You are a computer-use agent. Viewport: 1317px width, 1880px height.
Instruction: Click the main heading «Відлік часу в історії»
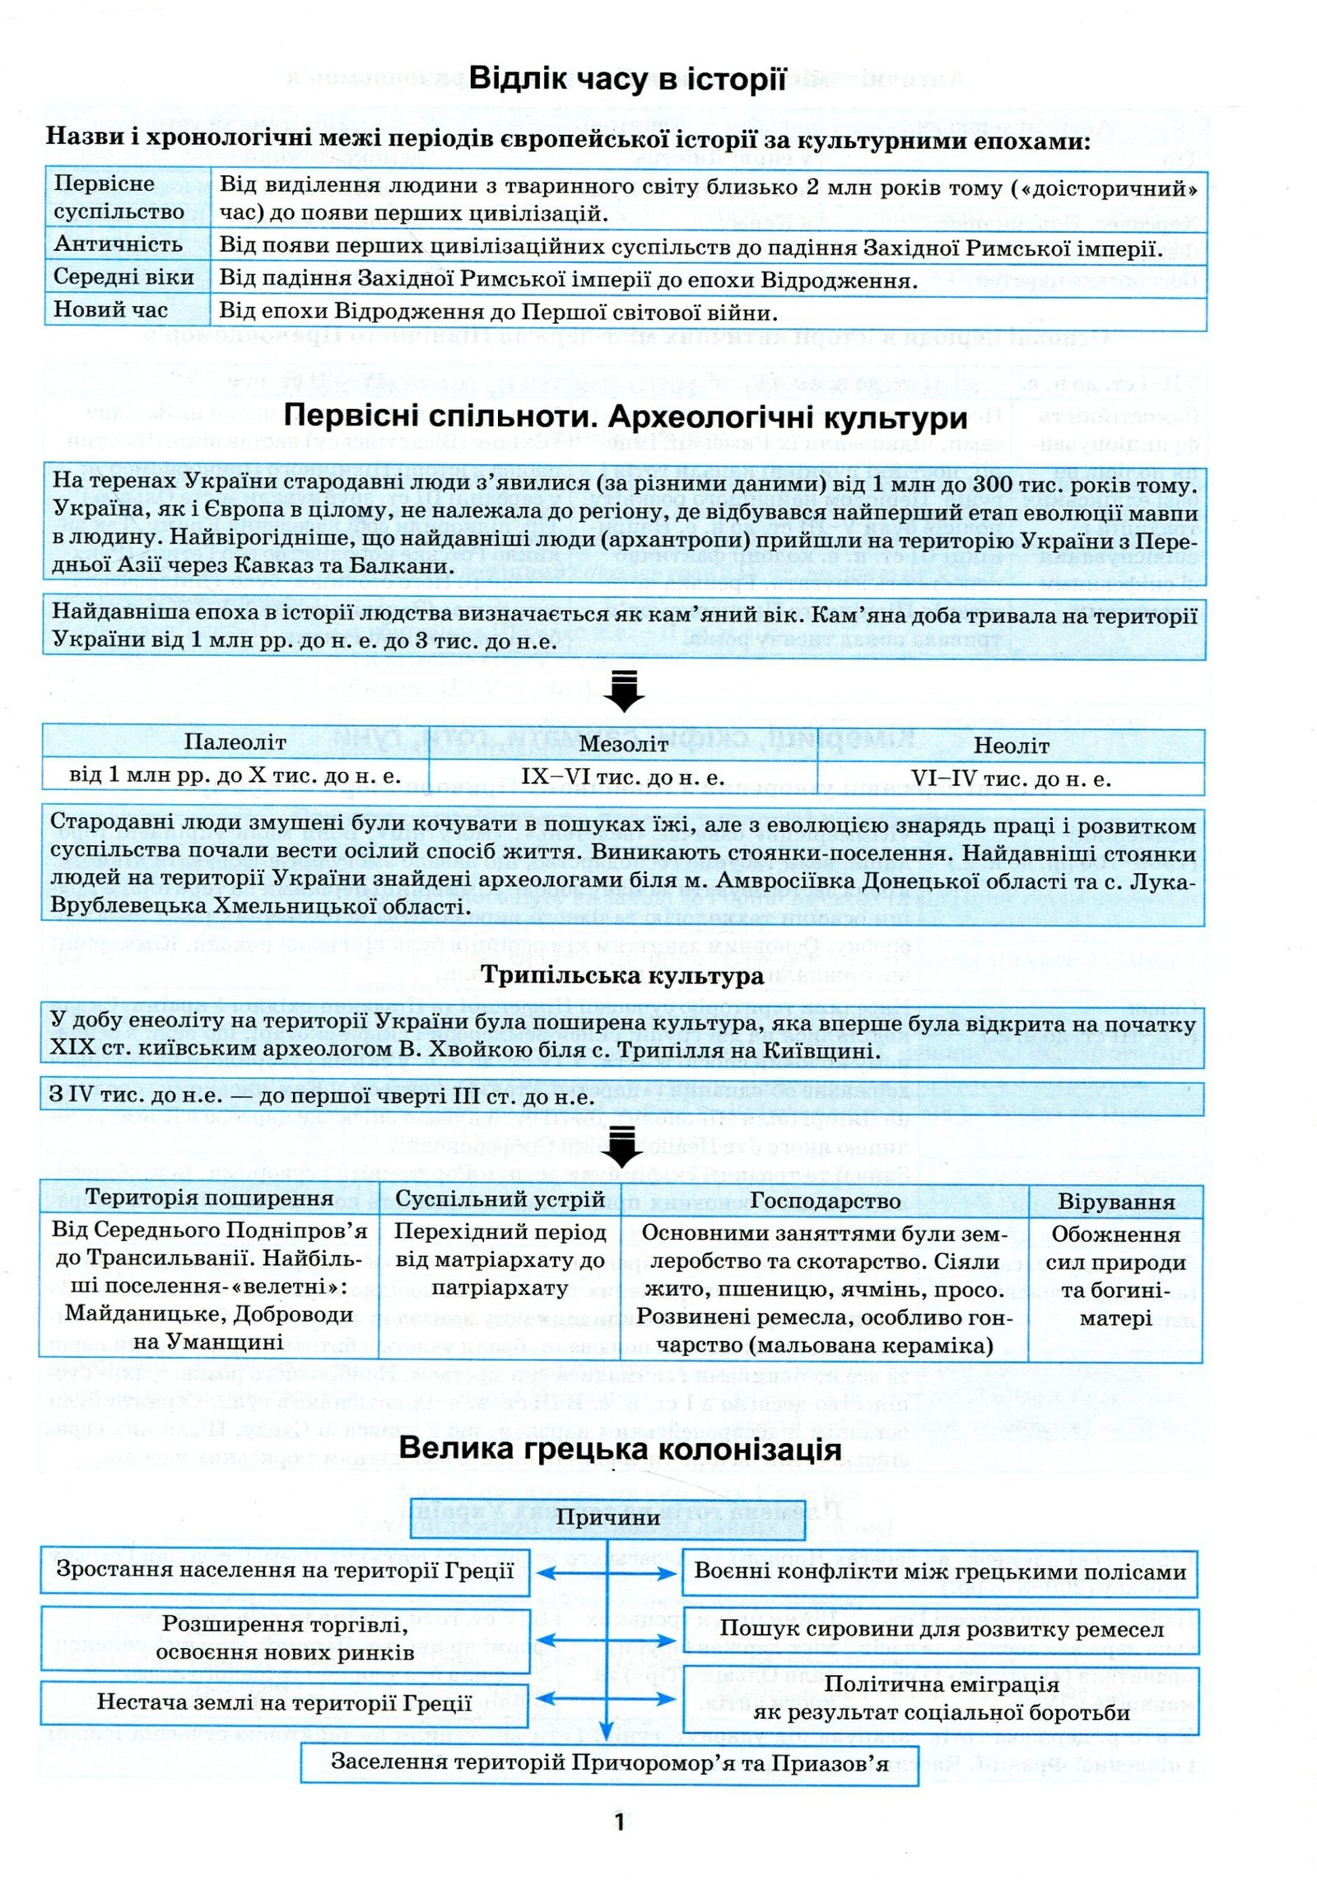pyautogui.click(x=627, y=80)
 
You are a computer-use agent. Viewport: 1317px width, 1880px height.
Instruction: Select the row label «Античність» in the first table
pyautogui.click(x=119, y=244)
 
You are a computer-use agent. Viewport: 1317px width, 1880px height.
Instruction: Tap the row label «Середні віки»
pyautogui.click(x=123, y=277)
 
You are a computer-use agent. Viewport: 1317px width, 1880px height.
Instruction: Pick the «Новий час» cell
pyautogui.click(x=110, y=310)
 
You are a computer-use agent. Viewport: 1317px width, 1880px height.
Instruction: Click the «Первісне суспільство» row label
pyautogui.click(x=119, y=198)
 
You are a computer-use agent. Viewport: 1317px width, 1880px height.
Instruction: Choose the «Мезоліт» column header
pyautogui.click(x=623, y=744)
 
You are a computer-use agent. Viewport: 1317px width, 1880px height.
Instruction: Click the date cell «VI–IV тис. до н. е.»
pyautogui.click(x=1011, y=779)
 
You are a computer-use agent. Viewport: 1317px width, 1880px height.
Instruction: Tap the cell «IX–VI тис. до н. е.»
pyautogui.click(x=623, y=777)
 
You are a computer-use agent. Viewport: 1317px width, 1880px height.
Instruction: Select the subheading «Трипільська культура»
pyautogui.click(x=622, y=976)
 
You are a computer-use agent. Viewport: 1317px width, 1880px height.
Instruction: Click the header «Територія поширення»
pyautogui.click(x=209, y=1198)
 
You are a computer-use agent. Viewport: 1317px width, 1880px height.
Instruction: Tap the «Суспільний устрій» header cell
pyautogui.click(x=500, y=1199)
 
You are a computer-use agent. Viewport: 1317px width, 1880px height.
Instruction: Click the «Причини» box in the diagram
pyautogui.click(x=608, y=1517)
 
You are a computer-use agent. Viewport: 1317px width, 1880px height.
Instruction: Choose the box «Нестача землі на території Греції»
pyautogui.click(x=284, y=1702)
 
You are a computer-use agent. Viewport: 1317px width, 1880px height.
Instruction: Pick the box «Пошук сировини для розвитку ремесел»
pyautogui.click(x=941, y=1628)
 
